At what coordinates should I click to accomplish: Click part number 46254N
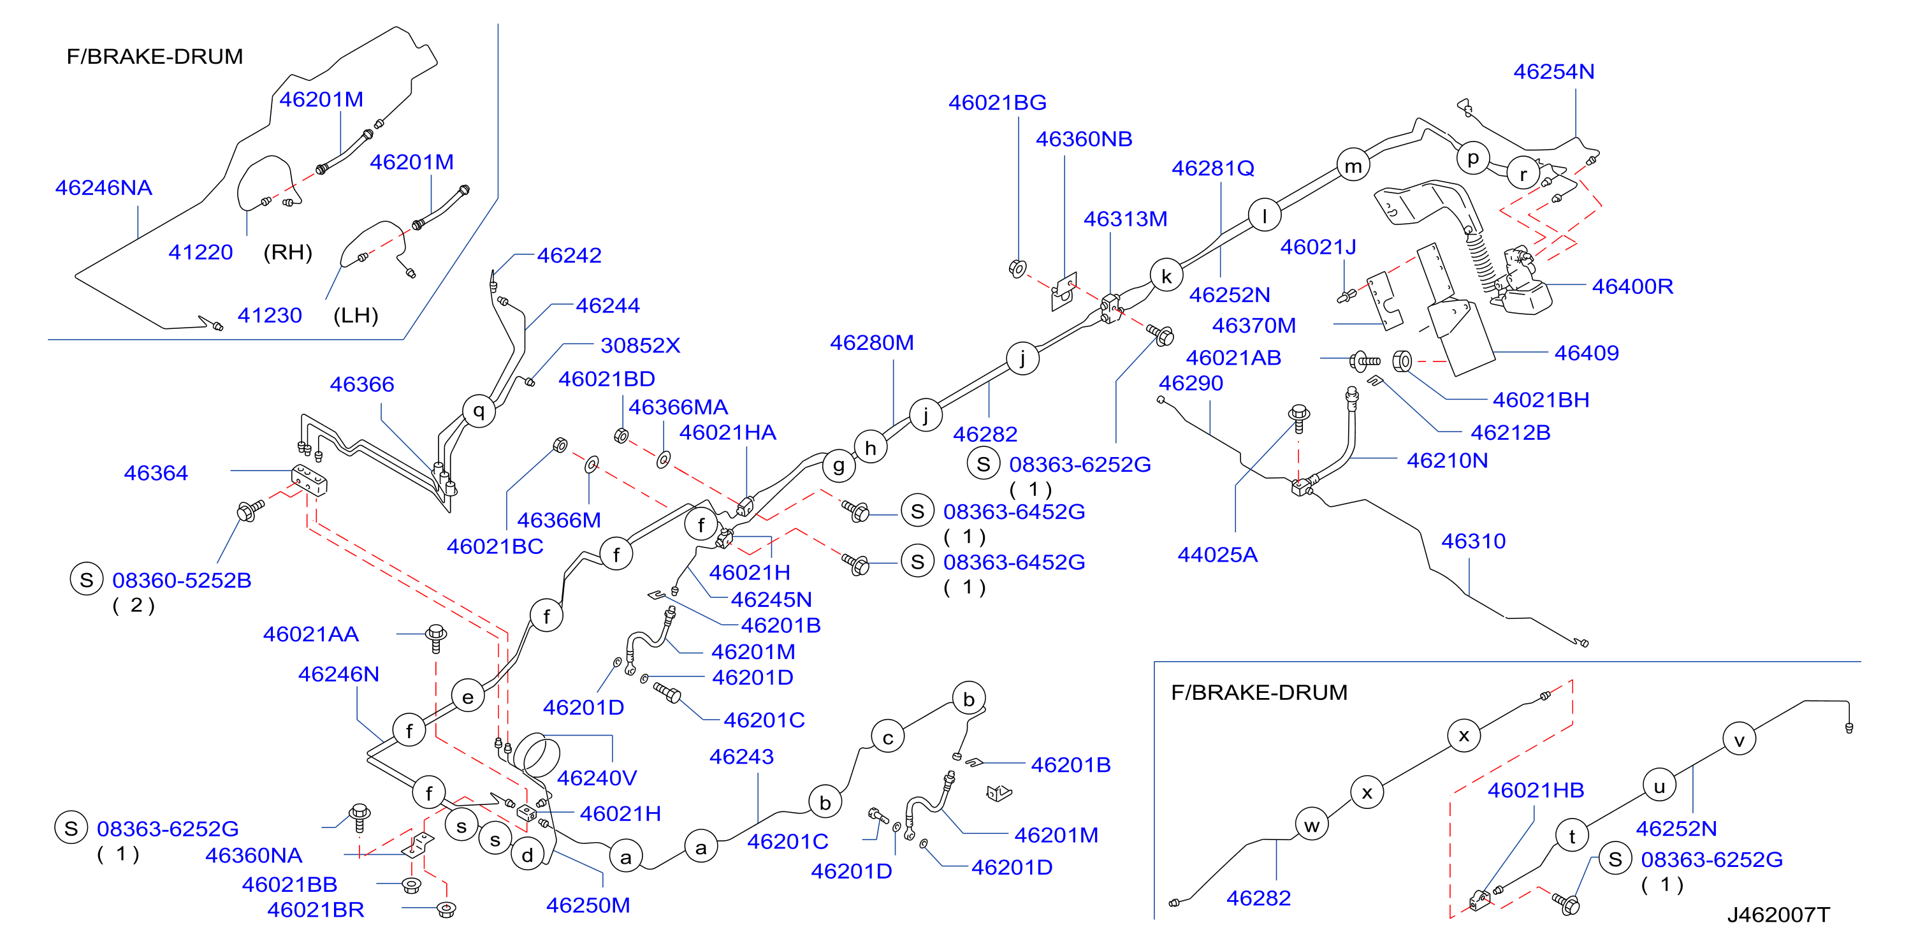coord(1554,71)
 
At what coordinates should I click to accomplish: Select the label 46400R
coord(1632,286)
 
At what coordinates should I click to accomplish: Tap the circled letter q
coord(479,411)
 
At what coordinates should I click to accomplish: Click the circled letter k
coord(1166,275)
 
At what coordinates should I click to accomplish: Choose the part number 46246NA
coord(103,187)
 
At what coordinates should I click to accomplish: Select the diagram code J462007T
coord(1778,915)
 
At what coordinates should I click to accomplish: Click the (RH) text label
coord(287,252)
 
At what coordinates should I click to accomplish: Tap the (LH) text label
coord(356,316)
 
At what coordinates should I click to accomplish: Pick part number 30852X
coord(641,346)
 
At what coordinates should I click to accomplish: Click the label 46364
coord(156,473)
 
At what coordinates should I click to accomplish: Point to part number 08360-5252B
coord(182,580)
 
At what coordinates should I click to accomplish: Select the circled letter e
coord(468,697)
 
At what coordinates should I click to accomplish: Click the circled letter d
coord(527,854)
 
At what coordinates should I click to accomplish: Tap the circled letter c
coord(887,738)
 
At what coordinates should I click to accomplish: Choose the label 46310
coord(1474,542)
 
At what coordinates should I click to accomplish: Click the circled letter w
coord(1312,825)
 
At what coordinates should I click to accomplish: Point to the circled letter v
coord(1740,739)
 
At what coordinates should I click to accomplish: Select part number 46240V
coord(597,778)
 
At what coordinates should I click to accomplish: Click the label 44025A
coord(1217,555)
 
